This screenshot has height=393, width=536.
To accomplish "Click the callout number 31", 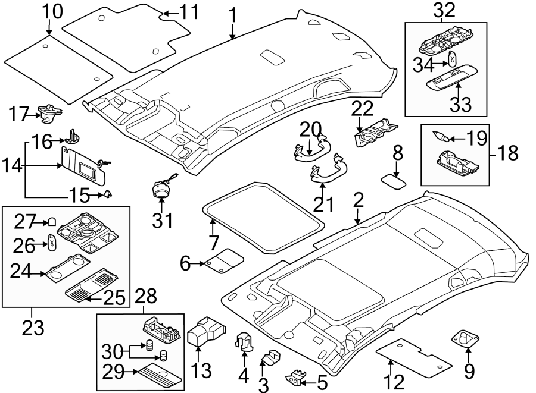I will pyautogui.click(x=162, y=221).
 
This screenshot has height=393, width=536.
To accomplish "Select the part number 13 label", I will pyautogui.click(x=200, y=372).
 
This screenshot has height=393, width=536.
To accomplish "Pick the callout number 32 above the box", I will pyautogui.click(x=445, y=10).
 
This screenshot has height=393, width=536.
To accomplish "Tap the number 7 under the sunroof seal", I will pyautogui.click(x=214, y=243).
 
